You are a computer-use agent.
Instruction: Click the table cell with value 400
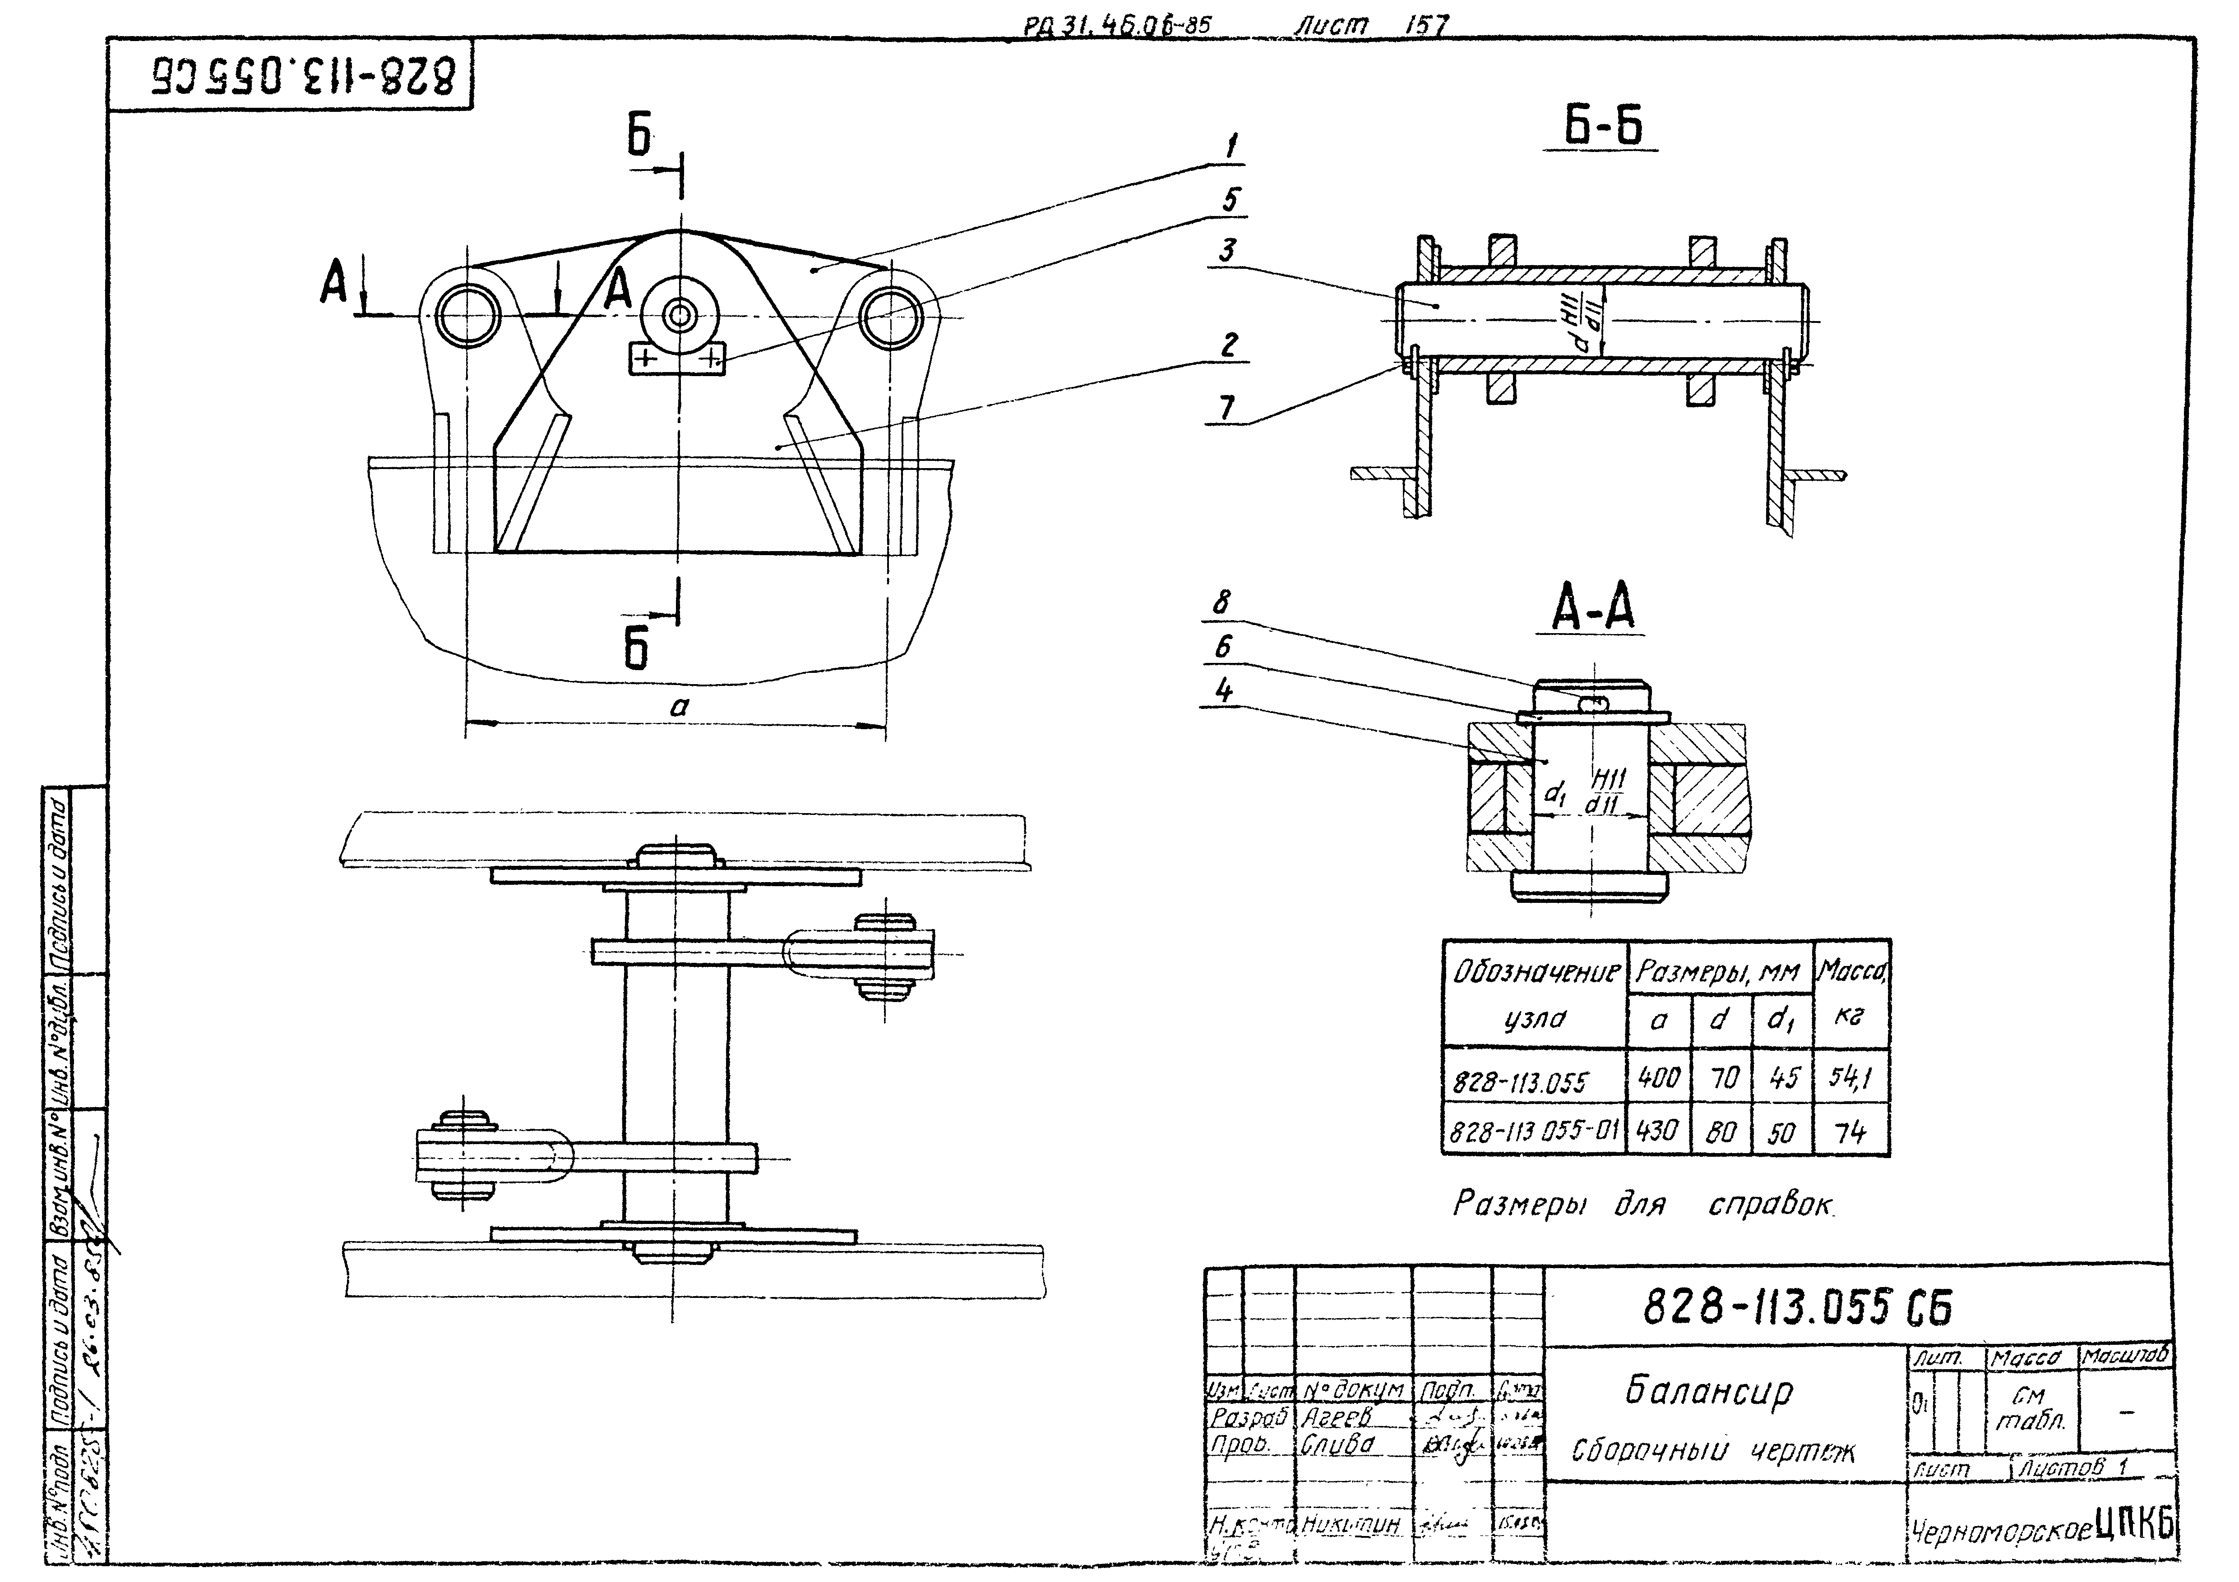[x=1658, y=1077]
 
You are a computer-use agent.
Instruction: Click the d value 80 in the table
[x=1720, y=1131]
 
